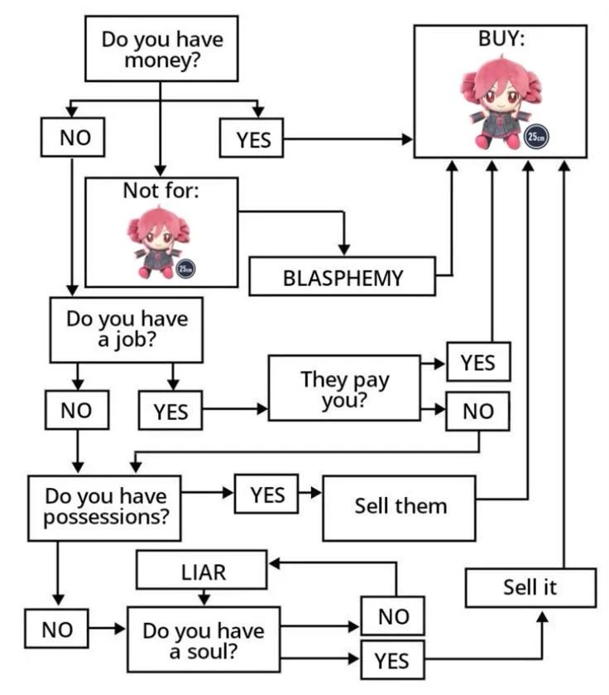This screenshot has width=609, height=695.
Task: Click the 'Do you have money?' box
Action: tap(161, 49)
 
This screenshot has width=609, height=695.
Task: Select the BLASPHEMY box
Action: tap(343, 277)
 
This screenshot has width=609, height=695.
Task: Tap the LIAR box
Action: tap(202, 572)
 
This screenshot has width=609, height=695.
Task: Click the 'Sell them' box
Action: tap(400, 505)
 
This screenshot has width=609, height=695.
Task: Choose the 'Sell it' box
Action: tap(530, 588)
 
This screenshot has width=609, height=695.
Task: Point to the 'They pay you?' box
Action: tap(344, 388)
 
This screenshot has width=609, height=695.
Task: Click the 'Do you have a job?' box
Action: tap(126, 329)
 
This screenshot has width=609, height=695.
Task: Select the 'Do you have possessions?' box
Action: tap(105, 506)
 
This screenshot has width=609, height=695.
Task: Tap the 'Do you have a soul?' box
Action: tap(203, 639)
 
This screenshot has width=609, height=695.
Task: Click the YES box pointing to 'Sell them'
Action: tap(266, 494)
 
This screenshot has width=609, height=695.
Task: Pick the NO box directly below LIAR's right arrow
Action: tap(393, 615)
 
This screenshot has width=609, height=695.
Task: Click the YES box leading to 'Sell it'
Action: tap(391, 660)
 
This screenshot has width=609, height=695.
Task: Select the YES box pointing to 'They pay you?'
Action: tap(170, 411)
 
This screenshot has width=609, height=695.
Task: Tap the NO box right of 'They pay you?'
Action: tap(477, 412)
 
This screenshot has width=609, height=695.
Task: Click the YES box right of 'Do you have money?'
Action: tap(252, 139)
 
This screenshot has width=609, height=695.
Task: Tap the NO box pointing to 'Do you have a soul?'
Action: tap(57, 630)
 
